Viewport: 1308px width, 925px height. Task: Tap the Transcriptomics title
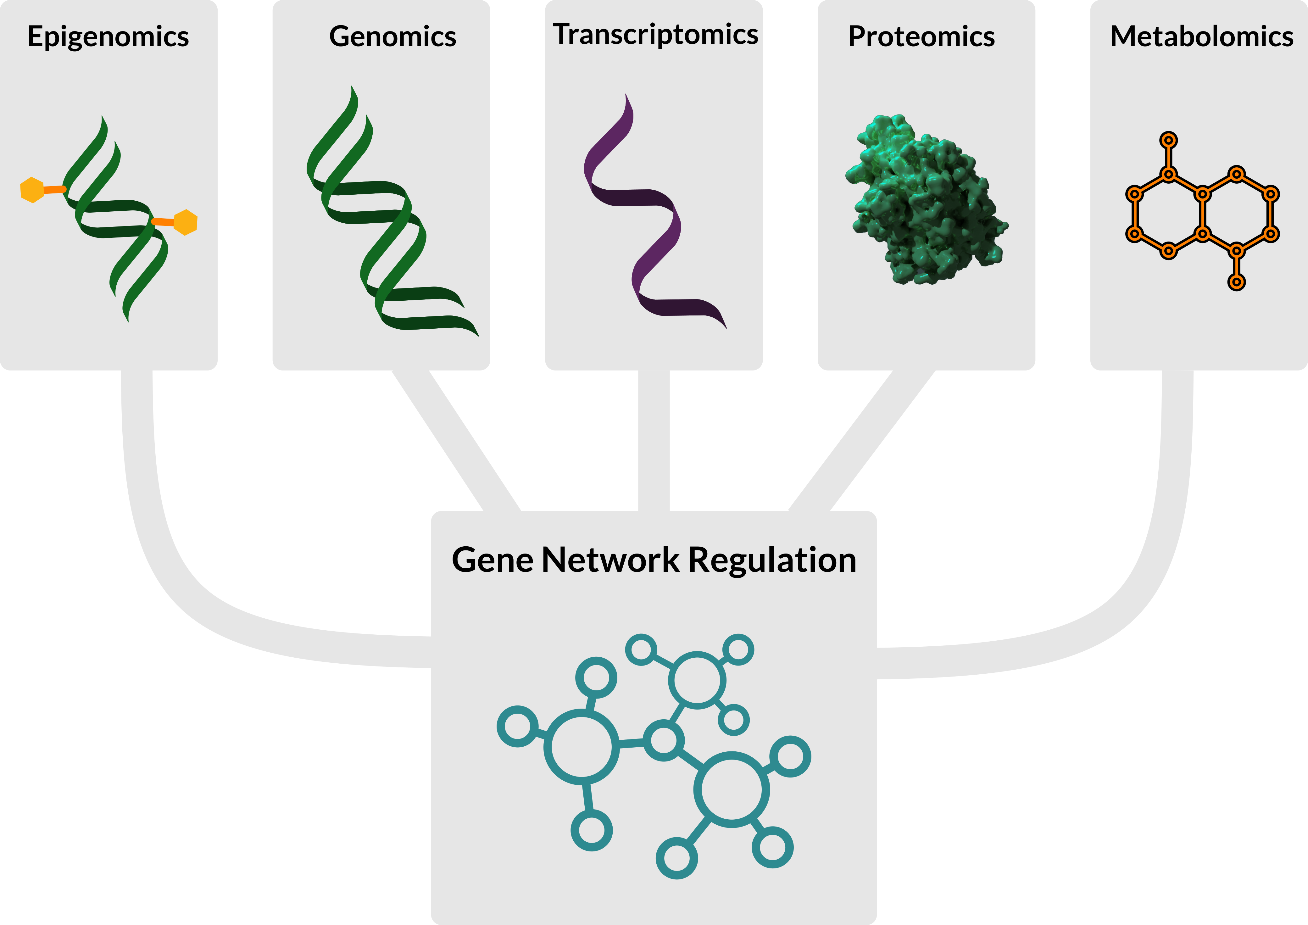[x=655, y=35]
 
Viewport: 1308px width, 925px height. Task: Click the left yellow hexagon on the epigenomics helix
[x=32, y=190]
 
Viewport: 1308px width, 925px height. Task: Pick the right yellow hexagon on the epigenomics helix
[x=185, y=222]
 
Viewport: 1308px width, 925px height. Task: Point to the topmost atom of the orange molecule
[x=1168, y=140]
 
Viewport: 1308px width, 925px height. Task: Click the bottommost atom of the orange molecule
[x=1236, y=282]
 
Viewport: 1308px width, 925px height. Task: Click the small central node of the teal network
[x=664, y=740]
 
